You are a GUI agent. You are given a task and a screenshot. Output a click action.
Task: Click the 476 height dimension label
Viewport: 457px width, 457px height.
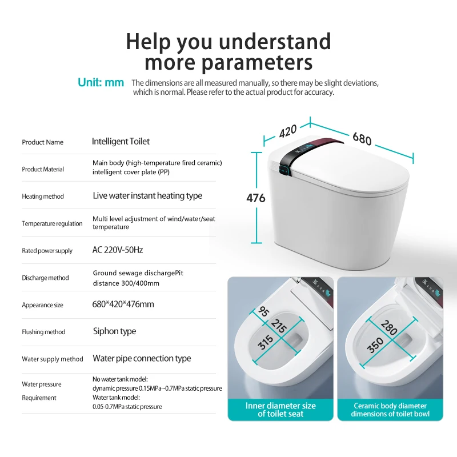tap(256, 198)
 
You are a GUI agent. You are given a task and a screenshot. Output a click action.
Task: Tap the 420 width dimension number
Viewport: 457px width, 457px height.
tap(288, 131)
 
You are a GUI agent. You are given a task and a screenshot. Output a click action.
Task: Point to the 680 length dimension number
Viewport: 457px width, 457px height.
tap(362, 138)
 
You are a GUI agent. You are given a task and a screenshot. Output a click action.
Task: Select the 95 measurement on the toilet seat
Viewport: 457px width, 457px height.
tap(264, 311)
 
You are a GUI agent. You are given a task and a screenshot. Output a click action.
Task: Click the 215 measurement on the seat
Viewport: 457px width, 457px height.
tap(279, 326)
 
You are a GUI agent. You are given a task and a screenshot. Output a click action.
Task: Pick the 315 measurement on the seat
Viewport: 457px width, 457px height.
tap(266, 342)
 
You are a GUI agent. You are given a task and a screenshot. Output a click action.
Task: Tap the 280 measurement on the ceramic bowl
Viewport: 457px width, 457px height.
tap(389, 327)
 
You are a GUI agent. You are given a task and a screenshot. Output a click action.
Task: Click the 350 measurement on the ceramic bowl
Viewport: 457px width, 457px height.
tap(375, 345)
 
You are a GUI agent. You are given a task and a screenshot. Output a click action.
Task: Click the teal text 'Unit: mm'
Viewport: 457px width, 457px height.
tap(101, 82)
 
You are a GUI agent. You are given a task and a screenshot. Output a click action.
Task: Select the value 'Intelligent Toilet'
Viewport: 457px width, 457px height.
tap(121, 141)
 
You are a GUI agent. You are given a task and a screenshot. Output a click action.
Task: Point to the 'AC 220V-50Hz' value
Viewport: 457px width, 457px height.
tap(118, 250)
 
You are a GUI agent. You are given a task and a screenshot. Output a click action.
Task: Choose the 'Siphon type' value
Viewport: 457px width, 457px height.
tap(115, 331)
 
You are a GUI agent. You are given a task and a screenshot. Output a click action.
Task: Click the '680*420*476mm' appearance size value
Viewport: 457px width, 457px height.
tap(123, 304)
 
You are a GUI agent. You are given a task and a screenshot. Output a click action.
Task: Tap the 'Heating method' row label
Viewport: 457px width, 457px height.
tap(43, 197)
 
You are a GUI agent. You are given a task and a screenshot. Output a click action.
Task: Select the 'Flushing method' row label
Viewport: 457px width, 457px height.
tap(44, 332)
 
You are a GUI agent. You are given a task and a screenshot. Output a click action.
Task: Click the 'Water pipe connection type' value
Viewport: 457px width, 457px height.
tap(142, 359)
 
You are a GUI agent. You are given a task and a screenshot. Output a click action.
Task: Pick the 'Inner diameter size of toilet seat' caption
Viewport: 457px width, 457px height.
tap(280, 410)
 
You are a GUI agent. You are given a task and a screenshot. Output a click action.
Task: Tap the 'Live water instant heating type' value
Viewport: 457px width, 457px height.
tap(147, 195)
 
